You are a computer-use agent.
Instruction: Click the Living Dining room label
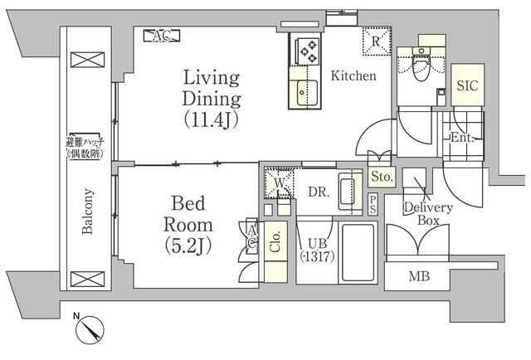(212, 99)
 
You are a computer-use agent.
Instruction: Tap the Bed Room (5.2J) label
(188, 225)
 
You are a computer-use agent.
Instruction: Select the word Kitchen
(353, 75)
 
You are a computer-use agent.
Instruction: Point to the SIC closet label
(467, 85)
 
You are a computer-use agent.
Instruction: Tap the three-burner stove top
(308, 51)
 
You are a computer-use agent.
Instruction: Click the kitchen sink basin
(307, 93)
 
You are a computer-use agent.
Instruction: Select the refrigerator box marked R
(377, 41)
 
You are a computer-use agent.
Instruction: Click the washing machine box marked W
(279, 183)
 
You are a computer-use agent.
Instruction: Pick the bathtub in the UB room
(358, 252)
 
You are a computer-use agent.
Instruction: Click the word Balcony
(87, 212)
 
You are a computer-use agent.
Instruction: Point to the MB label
(419, 277)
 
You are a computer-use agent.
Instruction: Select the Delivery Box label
(428, 214)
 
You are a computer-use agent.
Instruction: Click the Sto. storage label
(382, 177)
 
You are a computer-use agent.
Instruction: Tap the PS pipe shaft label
(373, 205)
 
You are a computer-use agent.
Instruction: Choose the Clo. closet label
(275, 241)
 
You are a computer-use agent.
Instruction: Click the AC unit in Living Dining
(162, 36)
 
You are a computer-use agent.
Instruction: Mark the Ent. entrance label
(462, 138)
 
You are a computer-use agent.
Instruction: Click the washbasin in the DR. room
(350, 191)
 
